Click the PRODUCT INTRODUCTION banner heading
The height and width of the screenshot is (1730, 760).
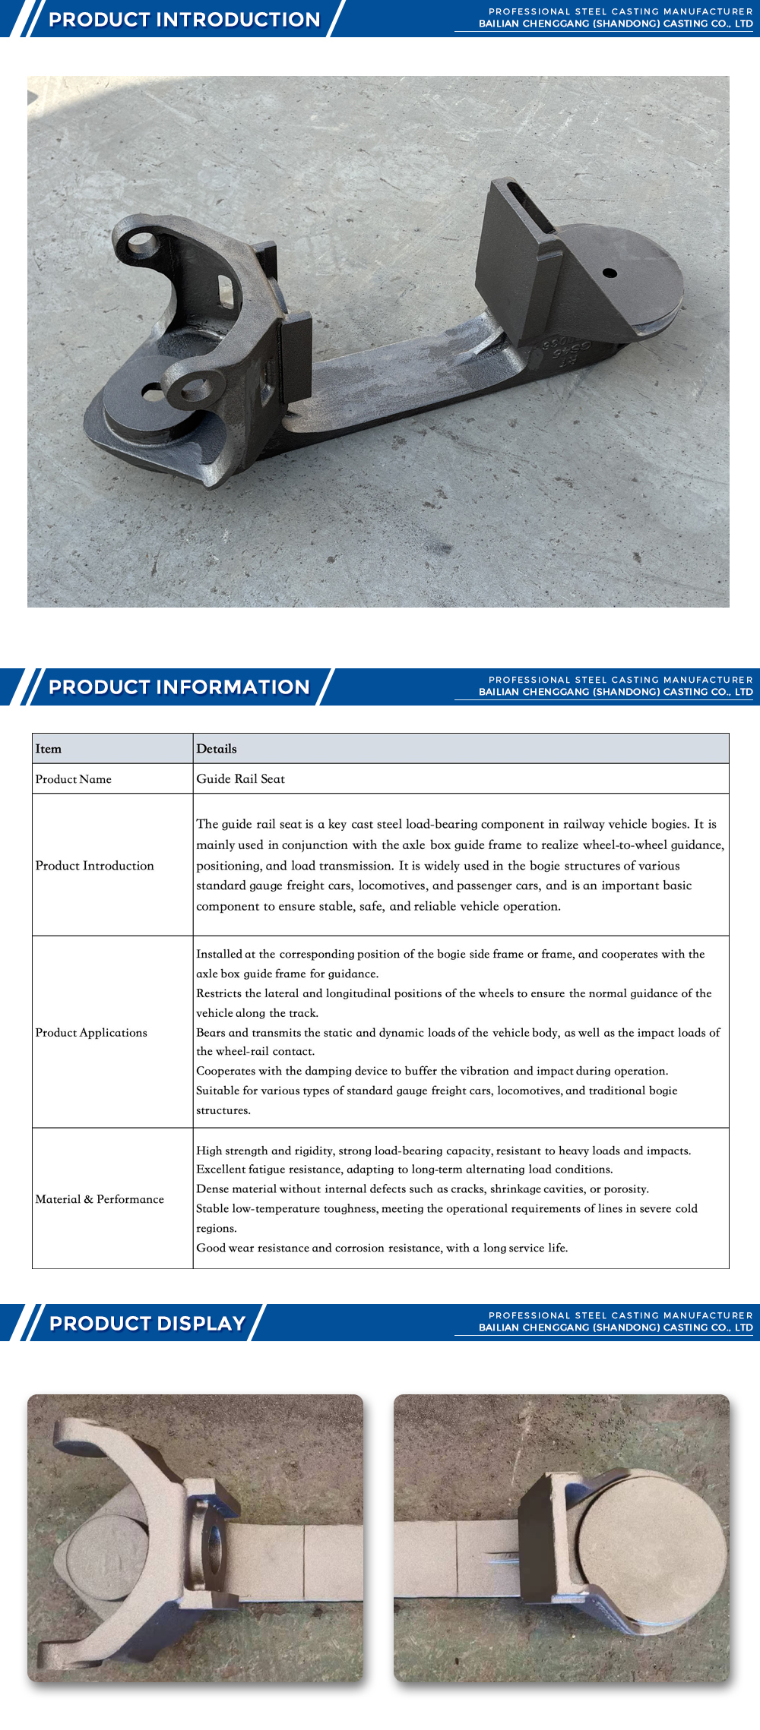184,19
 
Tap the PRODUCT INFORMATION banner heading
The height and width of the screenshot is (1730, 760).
179,687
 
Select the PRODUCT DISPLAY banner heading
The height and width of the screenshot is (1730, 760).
147,1323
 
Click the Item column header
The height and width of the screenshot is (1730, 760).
49,749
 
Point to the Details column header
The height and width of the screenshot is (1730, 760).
217,749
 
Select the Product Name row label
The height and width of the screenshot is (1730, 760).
74,779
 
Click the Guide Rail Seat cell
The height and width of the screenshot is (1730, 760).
240,779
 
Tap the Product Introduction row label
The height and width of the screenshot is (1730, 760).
95,866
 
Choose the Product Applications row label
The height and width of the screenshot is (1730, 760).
92,1033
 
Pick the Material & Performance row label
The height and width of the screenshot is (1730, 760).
100,1199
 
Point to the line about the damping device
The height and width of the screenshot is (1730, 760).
432,1071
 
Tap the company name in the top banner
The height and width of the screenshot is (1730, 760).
616,24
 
